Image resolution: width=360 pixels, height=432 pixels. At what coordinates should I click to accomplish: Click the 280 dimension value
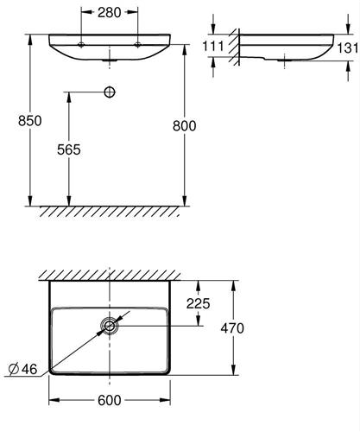click(109, 12)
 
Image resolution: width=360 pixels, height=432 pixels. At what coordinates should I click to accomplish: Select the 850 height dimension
click(29, 120)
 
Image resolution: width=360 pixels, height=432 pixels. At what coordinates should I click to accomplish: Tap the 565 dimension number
click(69, 149)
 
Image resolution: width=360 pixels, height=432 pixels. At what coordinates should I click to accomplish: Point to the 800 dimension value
click(185, 126)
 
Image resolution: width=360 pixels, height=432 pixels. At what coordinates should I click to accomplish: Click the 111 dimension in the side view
click(213, 46)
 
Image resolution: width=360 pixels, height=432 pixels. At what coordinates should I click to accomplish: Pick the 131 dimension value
click(348, 48)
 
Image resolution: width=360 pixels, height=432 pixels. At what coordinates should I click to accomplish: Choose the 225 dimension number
click(199, 303)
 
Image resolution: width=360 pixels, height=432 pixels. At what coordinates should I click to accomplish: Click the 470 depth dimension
click(232, 328)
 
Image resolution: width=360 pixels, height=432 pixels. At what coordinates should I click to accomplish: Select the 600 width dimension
click(110, 400)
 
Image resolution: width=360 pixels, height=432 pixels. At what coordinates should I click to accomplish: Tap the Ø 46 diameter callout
click(23, 369)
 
